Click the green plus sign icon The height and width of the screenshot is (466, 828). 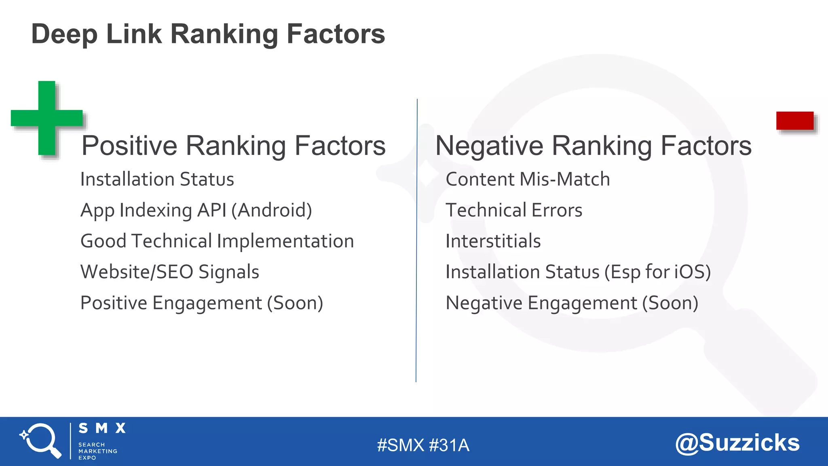(47, 118)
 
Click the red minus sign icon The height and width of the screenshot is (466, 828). (794, 121)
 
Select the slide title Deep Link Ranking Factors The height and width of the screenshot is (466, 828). (208, 34)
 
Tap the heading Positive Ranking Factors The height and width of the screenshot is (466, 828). (233, 146)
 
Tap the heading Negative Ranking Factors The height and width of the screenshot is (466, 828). (593, 146)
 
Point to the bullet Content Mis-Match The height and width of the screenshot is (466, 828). (527, 179)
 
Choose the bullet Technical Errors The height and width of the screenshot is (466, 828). (513, 210)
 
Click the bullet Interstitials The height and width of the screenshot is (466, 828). (493, 241)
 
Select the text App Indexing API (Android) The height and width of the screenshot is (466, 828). (196, 210)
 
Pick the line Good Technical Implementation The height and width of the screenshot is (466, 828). (217, 241)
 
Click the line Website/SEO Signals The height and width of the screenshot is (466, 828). (170, 272)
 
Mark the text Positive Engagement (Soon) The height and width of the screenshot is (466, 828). (201, 303)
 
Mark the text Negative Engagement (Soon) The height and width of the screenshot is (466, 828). (572, 303)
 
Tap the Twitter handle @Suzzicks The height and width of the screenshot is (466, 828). (737, 443)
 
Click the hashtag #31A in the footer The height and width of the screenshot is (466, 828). (449, 445)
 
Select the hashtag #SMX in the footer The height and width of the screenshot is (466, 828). (400, 445)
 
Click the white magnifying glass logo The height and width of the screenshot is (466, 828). (41, 441)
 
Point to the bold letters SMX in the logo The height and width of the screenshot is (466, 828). (102, 428)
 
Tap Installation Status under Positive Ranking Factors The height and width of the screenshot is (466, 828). (157, 179)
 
